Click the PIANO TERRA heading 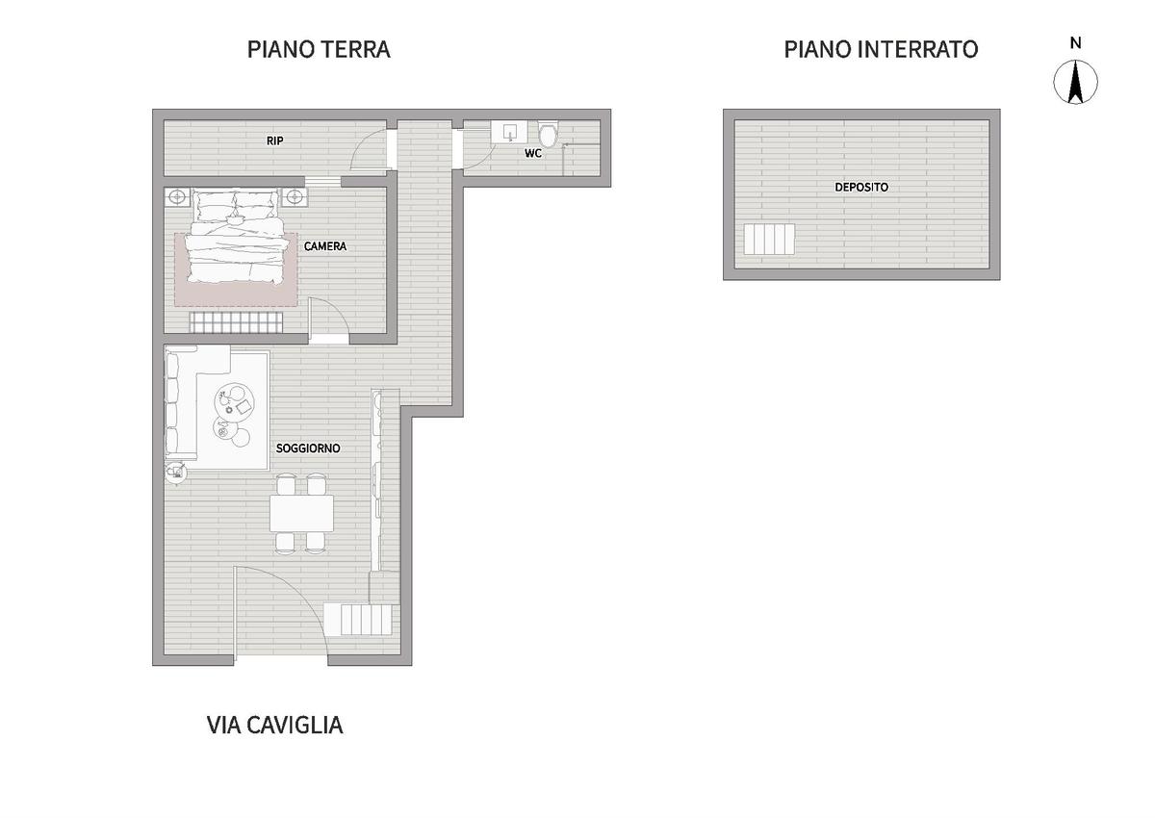[319, 50]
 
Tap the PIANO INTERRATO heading [881, 50]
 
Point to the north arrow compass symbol [1076, 82]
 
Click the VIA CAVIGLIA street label [275, 726]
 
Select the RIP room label [275, 141]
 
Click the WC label [533, 153]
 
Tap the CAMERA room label [325, 246]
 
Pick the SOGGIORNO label [308, 448]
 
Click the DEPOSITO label [861, 187]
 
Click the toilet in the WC [548, 133]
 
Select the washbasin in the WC [509, 132]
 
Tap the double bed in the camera [236, 236]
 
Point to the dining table [301, 513]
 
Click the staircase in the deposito [769, 240]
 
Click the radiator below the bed [236, 322]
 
